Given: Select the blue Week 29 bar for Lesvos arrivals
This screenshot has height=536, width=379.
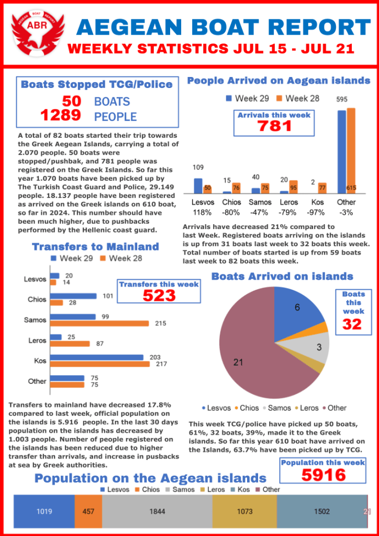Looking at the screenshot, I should pos(198,186).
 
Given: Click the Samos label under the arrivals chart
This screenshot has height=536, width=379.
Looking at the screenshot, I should pos(260,202).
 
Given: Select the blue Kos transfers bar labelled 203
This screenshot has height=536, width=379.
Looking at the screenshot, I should pos(96,357).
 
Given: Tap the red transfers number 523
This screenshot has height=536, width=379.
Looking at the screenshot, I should pos(159,296).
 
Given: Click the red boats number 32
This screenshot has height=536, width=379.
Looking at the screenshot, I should pos(352,325).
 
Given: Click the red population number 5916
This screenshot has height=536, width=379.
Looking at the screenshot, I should pos(323,475).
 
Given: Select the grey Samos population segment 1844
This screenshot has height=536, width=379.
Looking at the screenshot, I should pos(157,511).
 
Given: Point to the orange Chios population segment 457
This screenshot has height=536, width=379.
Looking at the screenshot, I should pos(88,511).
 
